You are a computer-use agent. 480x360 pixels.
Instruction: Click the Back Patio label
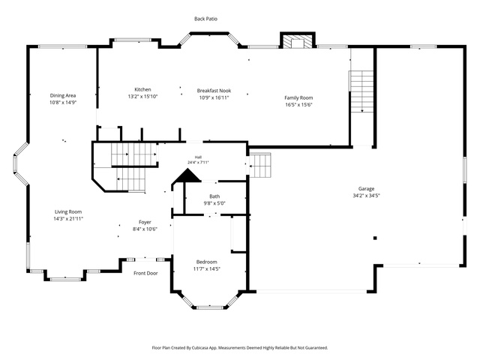pyautogui.click(x=205, y=19)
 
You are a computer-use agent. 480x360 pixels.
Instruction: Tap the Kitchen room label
pyautogui.click(x=142, y=89)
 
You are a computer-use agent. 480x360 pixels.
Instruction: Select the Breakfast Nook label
pyautogui.click(x=214, y=91)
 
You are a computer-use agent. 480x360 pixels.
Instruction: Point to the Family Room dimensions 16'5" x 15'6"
pyautogui.click(x=298, y=105)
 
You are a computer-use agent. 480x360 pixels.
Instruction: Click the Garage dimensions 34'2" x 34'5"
pyautogui.click(x=366, y=196)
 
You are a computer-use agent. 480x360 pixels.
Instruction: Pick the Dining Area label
pyautogui.click(x=63, y=96)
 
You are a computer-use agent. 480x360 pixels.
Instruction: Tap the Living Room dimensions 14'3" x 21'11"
pyautogui.click(x=68, y=218)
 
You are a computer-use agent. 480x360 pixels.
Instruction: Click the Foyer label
pyautogui.click(x=145, y=222)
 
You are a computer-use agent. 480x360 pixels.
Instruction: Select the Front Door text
pyautogui.click(x=145, y=273)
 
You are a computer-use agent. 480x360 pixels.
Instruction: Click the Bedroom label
pyautogui.click(x=207, y=262)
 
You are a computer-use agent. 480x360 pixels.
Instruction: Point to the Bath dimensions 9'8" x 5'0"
pyautogui.click(x=214, y=203)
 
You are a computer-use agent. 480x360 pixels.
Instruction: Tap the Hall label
pyautogui.click(x=198, y=157)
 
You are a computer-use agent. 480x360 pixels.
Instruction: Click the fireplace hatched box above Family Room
pyautogui.click(x=297, y=42)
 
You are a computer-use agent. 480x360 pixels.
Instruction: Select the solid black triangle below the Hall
pyautogui.click(x=187, y=177)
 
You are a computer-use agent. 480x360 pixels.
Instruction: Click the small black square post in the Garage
pyautogui.click(x=375, y=238)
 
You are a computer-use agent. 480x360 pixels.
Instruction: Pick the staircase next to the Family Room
pyautogui.click(x=361, y=91)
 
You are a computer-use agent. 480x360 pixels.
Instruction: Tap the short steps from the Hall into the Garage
pyautogui.click(x=260, y=166)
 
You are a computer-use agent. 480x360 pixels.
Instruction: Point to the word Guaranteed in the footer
pyautogui.click(x=317, y=348)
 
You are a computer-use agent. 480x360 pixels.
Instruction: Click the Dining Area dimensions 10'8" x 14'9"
pyautogui.click(x=63, y=103)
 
